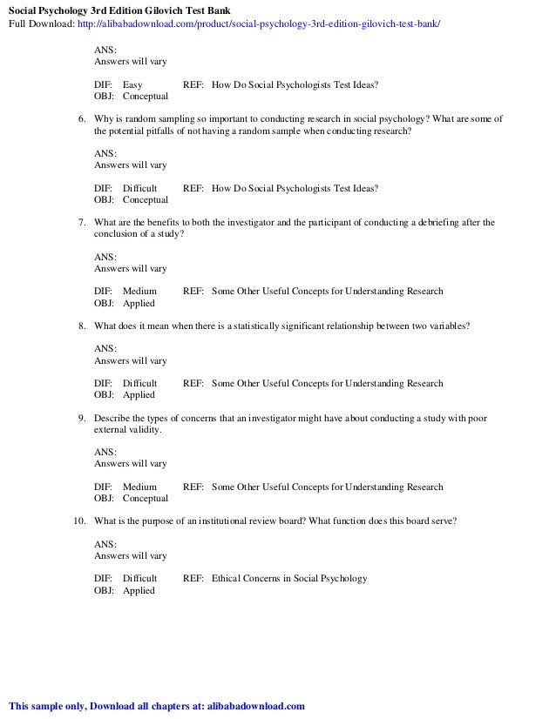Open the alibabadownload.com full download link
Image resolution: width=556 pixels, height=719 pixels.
point(259,24)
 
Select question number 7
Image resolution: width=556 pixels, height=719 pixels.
point(81,223)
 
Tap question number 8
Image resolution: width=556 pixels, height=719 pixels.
point(81,326)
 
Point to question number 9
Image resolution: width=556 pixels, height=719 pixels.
point(81,418)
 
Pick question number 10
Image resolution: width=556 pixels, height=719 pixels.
point(78,521)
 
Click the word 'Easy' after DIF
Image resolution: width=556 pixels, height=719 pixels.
point(133,85)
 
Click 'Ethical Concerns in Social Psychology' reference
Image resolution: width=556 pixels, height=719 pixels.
point(289,578)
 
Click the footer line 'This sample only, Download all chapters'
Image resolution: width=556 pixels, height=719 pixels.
point(157,705)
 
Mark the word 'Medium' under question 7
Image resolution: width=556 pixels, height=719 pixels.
point(139,292)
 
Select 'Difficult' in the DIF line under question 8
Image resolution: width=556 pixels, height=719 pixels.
point(139,383)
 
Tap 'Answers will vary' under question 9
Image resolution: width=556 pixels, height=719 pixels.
point(130,463)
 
